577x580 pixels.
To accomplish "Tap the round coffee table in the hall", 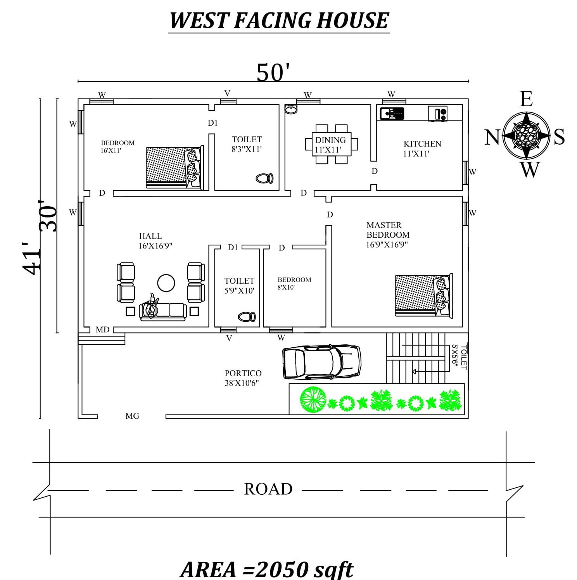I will click(x=166, y=283).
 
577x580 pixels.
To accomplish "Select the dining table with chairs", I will click(x=331, y=144).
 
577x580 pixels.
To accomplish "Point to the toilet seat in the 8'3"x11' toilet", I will click(x=264, y=178).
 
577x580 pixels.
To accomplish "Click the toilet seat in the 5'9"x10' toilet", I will click(x=247, y=317).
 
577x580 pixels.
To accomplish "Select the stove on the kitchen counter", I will click(x=438, y=114).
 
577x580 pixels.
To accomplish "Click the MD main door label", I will click(x=102, y=330).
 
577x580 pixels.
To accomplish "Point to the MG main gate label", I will click(x=132, y=416).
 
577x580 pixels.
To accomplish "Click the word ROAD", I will click(x=268, y=489).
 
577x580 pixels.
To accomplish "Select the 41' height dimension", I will click(x=31, y=259).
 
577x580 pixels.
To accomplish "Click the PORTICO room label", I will click(x=243, y=373).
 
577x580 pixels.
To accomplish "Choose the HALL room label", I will click(x=150, y=236).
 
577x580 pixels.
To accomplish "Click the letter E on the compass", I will click(x=526, y=99).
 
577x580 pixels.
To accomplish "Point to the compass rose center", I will click(x=526, y=136).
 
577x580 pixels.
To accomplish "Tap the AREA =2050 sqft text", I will click(x=267, y=569).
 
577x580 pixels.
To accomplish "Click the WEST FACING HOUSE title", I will click(x=279, y=21).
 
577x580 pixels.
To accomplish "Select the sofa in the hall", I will click(x=163, y=311).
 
